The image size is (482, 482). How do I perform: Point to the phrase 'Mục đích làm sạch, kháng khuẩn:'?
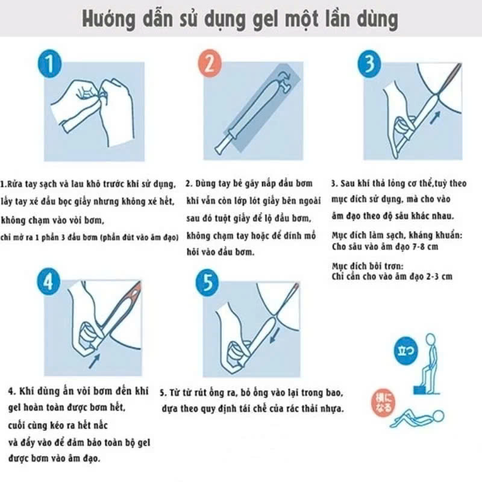(397, 236)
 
